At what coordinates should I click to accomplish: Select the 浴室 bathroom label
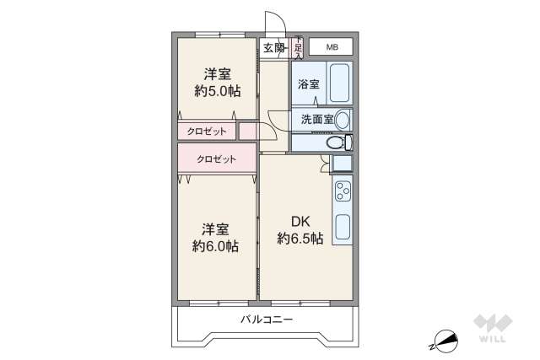tap(308, 84)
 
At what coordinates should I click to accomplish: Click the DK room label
tap(300, 222)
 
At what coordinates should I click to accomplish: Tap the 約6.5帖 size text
tap(300, 239)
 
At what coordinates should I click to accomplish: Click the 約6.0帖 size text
tap(214, 246)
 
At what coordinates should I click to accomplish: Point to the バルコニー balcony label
tap(266, 320)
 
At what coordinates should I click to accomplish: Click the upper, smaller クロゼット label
tap(206, 131)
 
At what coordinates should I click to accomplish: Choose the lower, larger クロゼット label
tap(216, 159)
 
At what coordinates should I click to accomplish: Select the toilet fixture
tap(339, 143)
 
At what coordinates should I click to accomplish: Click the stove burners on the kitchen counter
tap(343, 194)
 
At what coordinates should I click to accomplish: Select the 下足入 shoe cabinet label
tap(298, 47)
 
